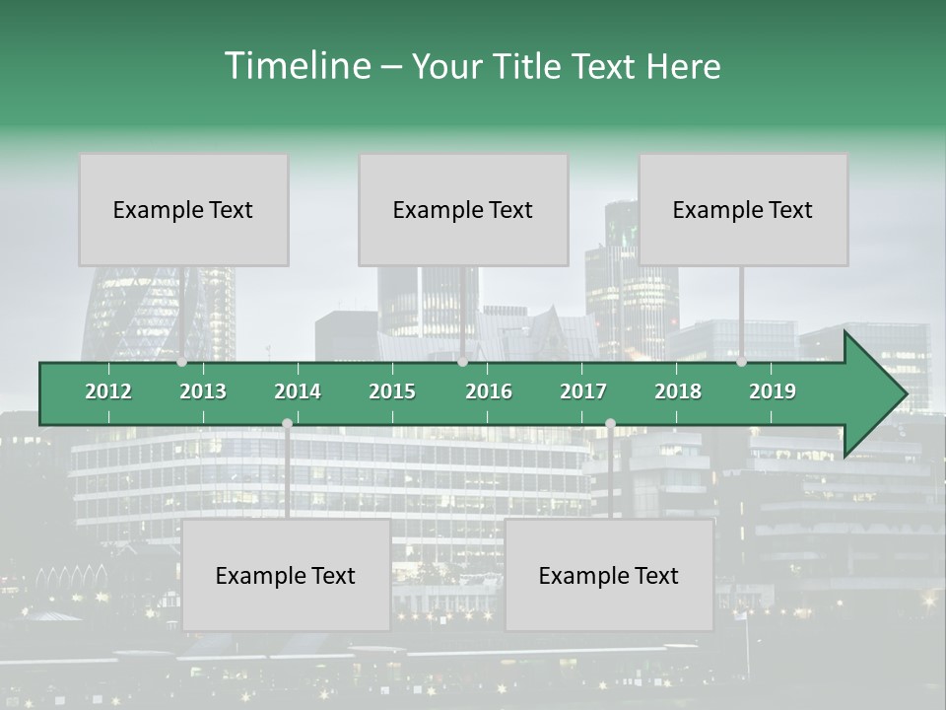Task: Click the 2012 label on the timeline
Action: coord(108,391)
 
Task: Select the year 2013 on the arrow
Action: coord(203,391)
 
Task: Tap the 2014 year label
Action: coord(298,391)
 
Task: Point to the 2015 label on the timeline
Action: coord(392,391)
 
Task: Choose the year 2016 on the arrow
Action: coord(489,391)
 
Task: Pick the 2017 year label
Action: coord(583,391)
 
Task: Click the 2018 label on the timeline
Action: coord(678,391)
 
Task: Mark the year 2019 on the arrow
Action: coord(773,391)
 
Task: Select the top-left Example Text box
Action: coord(183,209)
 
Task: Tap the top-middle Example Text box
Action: coord(463,209)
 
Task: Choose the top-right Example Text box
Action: coord(743,209)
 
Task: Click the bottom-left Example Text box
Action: coord(286,575)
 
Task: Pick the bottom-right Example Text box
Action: coord(609,575)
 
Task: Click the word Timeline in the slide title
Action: coord(297,66)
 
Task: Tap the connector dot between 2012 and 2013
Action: coord(182,362)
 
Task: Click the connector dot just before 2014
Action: coord(287,423)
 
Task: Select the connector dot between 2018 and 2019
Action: coord(741,362)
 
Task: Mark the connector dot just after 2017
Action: coord(610,423)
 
